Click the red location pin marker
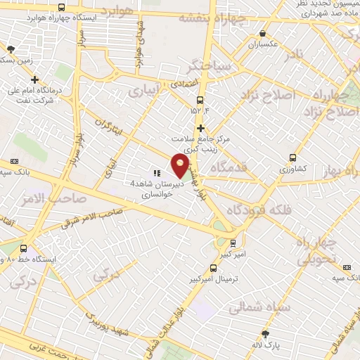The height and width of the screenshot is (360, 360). pos(181,166)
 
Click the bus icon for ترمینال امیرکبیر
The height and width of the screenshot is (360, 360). pos(214,268)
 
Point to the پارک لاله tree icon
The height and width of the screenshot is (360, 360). pos(265,334)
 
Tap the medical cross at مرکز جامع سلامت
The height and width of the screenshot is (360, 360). pos(201,128)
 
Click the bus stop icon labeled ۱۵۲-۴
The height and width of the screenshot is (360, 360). pos(200,100)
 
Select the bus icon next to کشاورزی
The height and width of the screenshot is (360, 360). pos(292,158)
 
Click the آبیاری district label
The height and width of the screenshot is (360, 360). pos(146,92)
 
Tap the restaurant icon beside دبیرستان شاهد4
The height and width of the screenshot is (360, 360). pos(156,172)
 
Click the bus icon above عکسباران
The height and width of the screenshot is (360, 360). pos(263,32)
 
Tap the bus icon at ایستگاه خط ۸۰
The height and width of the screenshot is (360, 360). pos(25,248)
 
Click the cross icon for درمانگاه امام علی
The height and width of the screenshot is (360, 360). pos(34,80)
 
